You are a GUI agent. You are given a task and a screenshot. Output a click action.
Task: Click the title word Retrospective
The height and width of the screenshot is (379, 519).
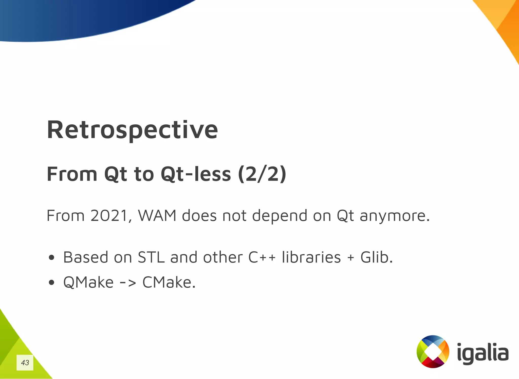[132, 130]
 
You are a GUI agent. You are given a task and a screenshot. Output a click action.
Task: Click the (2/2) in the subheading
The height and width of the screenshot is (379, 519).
[262, 174]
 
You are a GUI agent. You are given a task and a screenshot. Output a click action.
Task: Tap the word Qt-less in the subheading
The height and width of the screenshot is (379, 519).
[196, 174]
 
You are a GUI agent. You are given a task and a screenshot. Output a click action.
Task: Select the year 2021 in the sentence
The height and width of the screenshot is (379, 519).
[109, 216]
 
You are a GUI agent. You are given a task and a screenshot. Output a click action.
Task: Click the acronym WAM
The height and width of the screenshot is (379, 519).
[157, 216]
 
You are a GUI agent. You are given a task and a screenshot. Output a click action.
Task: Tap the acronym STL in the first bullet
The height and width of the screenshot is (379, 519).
[151, 257]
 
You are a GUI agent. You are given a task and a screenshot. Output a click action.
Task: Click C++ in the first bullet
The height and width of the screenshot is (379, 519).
[262, 257]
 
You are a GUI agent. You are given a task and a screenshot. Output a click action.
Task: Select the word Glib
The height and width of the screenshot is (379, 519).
[376, 257]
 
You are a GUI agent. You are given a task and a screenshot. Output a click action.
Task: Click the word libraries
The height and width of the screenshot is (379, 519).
[311, 257]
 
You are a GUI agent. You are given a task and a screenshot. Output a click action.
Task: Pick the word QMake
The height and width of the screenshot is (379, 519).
[88, 283]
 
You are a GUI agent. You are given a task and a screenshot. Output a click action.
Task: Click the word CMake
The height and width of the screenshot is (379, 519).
[169, 283]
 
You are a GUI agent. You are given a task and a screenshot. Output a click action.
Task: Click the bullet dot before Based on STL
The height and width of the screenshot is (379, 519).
[51, 258]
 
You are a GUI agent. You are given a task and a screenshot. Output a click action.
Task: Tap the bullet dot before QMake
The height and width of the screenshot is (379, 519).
[51, 283]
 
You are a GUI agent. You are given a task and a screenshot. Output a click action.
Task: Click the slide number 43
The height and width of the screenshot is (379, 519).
[25, 363]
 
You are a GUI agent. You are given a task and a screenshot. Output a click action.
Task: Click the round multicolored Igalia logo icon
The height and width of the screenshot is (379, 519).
[433, 352]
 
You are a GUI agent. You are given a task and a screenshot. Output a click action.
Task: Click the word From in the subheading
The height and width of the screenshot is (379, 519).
[72, 174]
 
